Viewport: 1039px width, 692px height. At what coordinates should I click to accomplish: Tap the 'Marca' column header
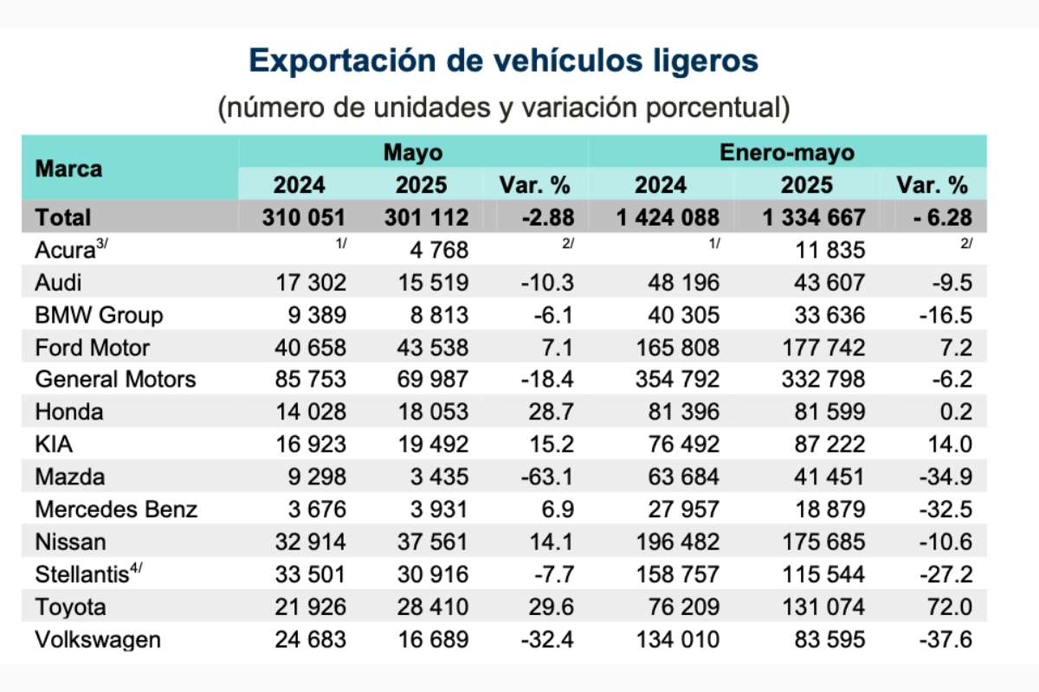(x=68, y=169)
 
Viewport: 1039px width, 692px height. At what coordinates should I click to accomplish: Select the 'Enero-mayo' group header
(x=787, y=152)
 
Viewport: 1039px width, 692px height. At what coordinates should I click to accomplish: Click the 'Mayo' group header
(x=413, y=152)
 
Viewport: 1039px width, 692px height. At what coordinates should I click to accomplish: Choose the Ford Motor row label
(x=93, y=348)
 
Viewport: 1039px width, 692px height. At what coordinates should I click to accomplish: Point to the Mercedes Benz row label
(x=116, y=509)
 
